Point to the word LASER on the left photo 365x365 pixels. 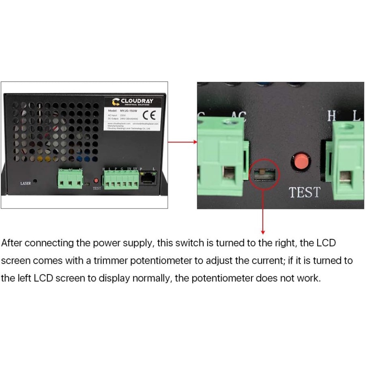[26, 183]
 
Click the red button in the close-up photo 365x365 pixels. [301, 162]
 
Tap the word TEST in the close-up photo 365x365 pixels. [305, 193]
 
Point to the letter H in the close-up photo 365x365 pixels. [332, 116]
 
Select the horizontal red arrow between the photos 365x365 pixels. [182, 142]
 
